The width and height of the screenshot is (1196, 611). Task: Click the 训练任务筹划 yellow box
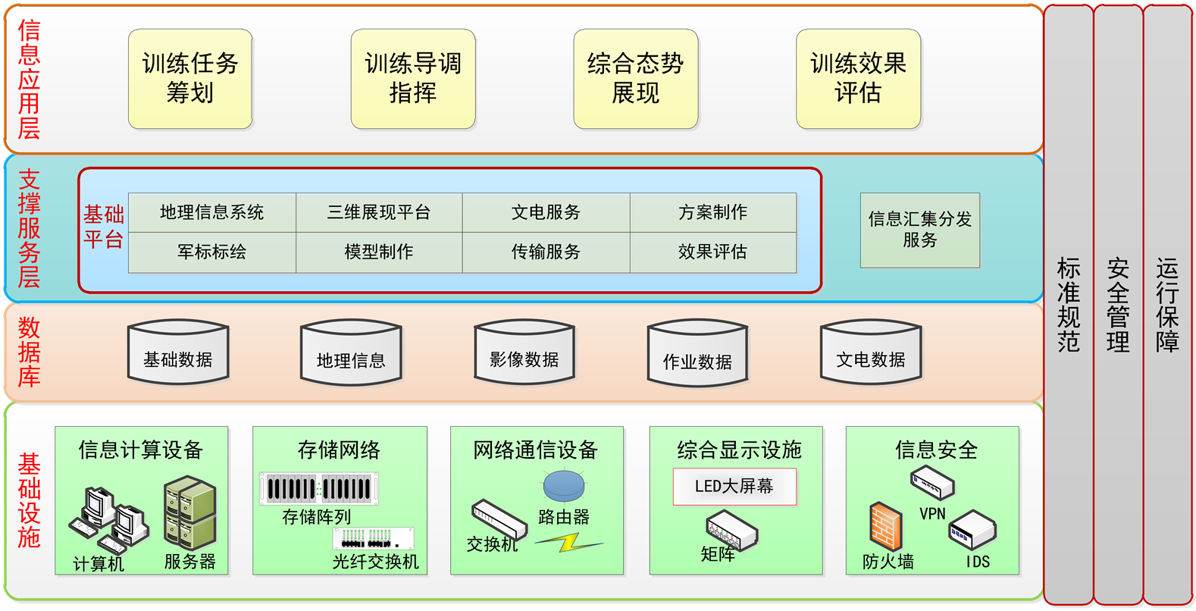coord(190,79)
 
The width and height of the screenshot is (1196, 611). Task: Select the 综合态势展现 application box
coord(635,79)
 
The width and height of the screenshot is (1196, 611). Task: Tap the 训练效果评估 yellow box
coord(858,79)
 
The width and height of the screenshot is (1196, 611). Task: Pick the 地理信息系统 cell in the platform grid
coord(212,212)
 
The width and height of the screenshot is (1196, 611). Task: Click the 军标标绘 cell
coord(212,252)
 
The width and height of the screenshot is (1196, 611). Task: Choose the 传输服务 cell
coord(546,252)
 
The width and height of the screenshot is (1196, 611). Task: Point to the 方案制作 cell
coord(712,212)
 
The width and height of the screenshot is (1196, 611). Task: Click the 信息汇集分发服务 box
coord(919,230)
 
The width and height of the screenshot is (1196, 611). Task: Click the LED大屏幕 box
coord(734,487)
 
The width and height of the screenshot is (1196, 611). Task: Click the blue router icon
coord(564,486)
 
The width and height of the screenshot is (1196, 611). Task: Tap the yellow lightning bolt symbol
coord(568,542)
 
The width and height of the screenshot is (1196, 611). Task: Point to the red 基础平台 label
coord(104,227)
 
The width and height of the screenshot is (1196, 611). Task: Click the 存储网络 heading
coord(339,450)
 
